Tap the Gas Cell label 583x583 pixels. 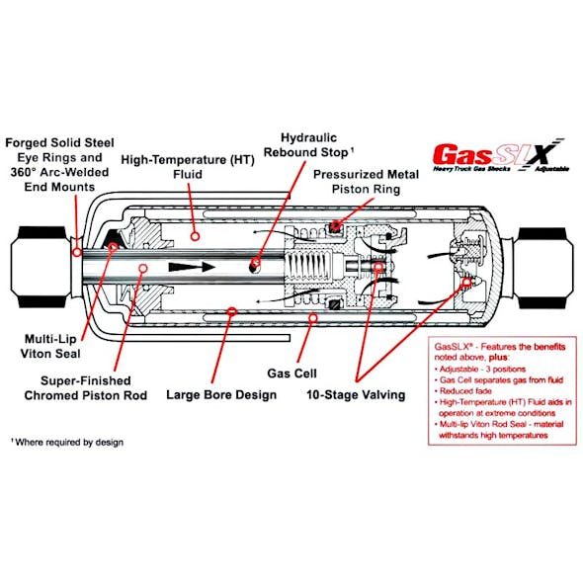pos(291,374)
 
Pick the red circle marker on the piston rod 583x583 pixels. pos(144,267)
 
